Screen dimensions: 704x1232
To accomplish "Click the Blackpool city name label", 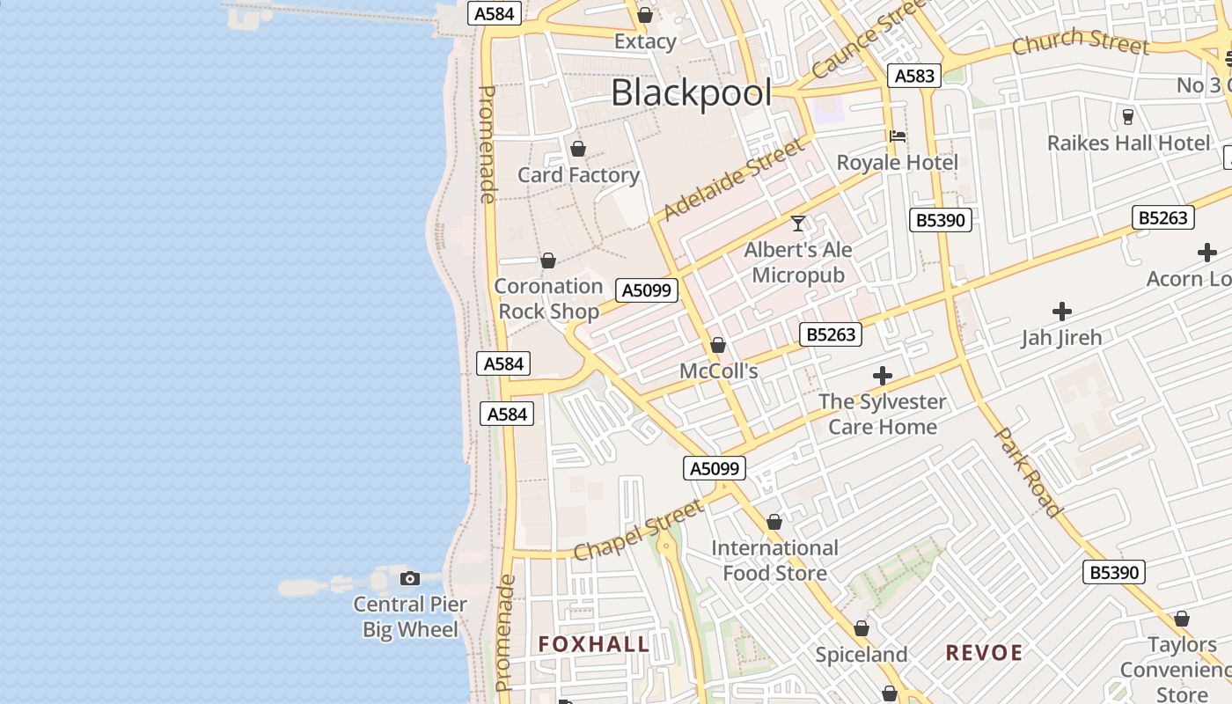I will click(x=691, y=93).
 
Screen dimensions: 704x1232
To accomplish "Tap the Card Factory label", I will click(x=578, y=175).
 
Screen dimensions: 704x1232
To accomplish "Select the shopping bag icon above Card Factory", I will click(x=578, y=149).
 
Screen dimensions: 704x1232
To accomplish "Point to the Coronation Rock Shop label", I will click(x=548, y=298).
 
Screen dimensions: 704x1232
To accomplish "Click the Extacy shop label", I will click(x=645, y=41).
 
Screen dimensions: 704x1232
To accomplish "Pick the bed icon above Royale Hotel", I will click(x=897, y=136).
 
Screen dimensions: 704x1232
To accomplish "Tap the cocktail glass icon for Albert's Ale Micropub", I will click(x=798, y=224).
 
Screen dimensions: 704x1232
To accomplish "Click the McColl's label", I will click(x=718, y=371).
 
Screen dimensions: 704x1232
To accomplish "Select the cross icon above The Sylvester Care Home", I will click(x=882, y=377).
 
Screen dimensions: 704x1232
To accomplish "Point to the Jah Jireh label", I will click(x=1061, y=337).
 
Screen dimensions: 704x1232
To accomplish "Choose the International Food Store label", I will click(x=774, y=561).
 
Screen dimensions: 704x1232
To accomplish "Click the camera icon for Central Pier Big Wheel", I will click(x=409, y=578).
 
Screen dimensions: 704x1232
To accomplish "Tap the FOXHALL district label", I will click(x=593, y=644).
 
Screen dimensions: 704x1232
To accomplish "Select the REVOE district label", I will click(x=984, y=652).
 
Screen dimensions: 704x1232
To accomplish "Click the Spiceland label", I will click(x=861, y=655).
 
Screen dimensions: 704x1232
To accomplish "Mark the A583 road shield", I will click(x=914, y=76).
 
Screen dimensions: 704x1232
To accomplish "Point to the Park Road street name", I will click(x=1027, y=472).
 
